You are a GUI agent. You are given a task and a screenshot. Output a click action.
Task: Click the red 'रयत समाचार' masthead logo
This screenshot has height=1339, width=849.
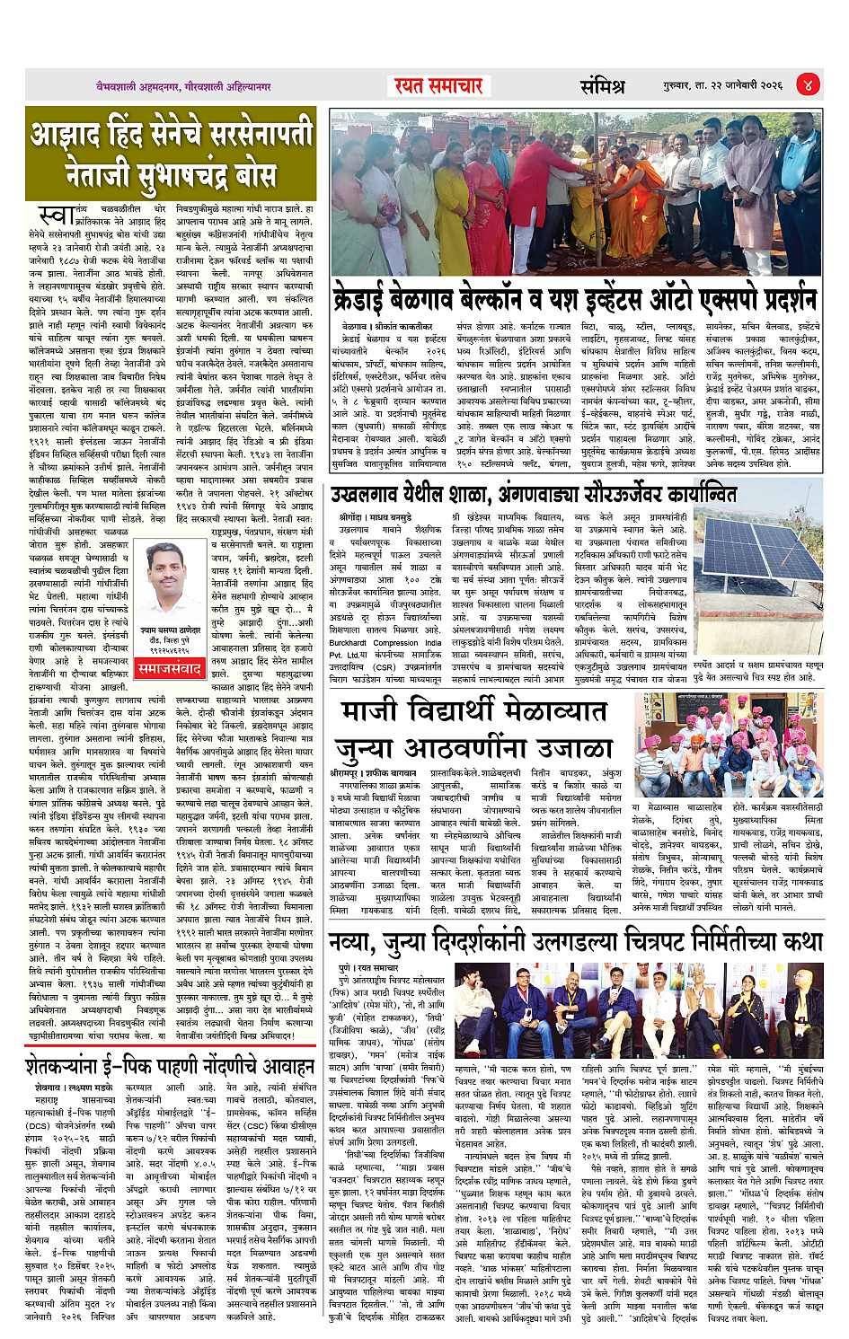coord(438,85)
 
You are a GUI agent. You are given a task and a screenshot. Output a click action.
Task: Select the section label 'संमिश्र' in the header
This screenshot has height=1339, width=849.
coord(601,86)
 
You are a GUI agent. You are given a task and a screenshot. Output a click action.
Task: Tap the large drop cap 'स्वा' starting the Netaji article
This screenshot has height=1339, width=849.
coord(55,216)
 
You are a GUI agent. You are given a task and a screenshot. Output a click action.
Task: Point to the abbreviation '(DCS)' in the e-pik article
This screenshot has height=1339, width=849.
coord(38,1124)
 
